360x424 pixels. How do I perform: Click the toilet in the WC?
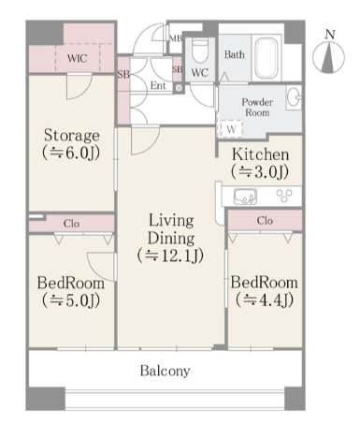pyautogui.click(x=197, y=51)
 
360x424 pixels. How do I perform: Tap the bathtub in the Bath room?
pyautogui.click(x=266, y=58)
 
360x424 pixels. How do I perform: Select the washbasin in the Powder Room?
pyautogui.click(x=294, y=97)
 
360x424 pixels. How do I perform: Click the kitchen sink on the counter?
pyautogui.click(x=245, y=197)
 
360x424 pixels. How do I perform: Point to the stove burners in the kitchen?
pyautogui.click(x=284, y=196)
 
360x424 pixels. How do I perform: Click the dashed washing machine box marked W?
pyautogui.click(x=231, y=128)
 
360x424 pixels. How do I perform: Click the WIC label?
pyautogui.click(x=78, y=58)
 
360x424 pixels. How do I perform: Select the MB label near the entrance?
pyautogui.click(x=176, y=39)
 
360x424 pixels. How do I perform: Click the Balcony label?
pyautogui.click(x=166, y=371)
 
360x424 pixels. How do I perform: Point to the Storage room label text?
pyautogui.click(x=72, y=136)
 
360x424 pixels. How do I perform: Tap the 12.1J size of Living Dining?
pyautogui.click(x=170, y=255)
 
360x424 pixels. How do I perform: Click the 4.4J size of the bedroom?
pyautogui.click(x=265, y=300)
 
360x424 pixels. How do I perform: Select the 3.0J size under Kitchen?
pyautogui.click(x=260, y=171)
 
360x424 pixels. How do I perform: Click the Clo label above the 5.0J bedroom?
pyautogui.click(x=71, y=224)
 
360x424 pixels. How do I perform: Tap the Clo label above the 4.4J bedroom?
pyautogui.click(x=265, y=221)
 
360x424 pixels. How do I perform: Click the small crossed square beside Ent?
pyautogui.click(x=179, y=88)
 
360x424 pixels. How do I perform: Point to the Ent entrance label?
pyautogui.click(x=158, y=85)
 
